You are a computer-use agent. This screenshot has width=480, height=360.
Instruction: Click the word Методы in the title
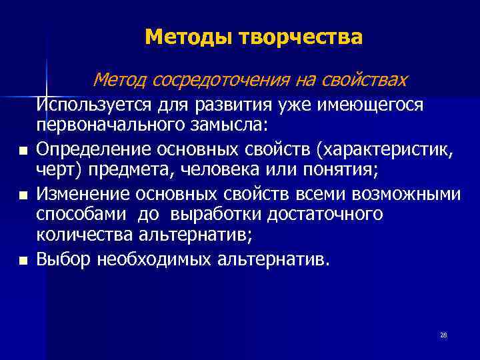[178, 37]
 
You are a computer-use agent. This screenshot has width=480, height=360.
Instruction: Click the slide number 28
[443, 335]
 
